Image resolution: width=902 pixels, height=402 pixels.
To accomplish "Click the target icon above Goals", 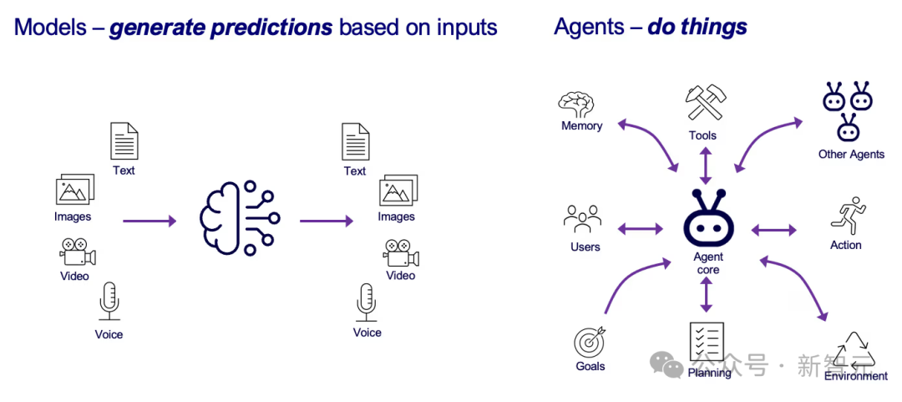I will click(590, 341).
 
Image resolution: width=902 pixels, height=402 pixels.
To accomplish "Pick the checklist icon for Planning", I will click(707, 341).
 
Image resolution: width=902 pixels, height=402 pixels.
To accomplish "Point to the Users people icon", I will click(583, 219).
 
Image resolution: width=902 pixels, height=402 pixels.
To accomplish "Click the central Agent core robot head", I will click(708, 221).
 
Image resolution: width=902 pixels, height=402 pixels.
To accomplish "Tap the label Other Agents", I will click(851, 155).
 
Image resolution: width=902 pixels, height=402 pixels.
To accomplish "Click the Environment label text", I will click(856, 376).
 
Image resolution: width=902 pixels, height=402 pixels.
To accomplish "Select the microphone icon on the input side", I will click(109, 301).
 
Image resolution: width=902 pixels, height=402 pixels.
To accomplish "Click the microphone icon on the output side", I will click(367, 301).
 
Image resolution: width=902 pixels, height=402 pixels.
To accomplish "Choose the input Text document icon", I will click(124, 141).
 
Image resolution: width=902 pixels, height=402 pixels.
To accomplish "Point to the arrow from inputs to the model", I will click(149, 221).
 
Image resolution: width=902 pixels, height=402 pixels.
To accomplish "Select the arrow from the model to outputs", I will click(327, 221).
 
